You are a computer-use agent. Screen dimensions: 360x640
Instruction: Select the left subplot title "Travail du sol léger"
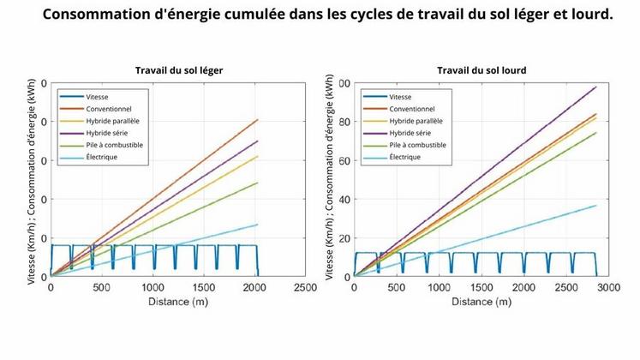coord(177,69)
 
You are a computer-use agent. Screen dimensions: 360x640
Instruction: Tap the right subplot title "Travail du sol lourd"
coord(481,69)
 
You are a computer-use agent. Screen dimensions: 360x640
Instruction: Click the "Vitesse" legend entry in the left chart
coord(98,97)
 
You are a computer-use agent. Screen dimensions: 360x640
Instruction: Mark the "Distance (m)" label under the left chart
coord(177,302)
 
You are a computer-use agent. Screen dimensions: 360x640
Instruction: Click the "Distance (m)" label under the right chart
coord(481,302)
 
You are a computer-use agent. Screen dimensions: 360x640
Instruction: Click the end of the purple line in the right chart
coord(596,87)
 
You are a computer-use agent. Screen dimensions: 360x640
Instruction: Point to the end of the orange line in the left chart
coord(257,120)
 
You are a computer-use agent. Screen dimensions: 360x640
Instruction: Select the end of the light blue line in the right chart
coord(596,205)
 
